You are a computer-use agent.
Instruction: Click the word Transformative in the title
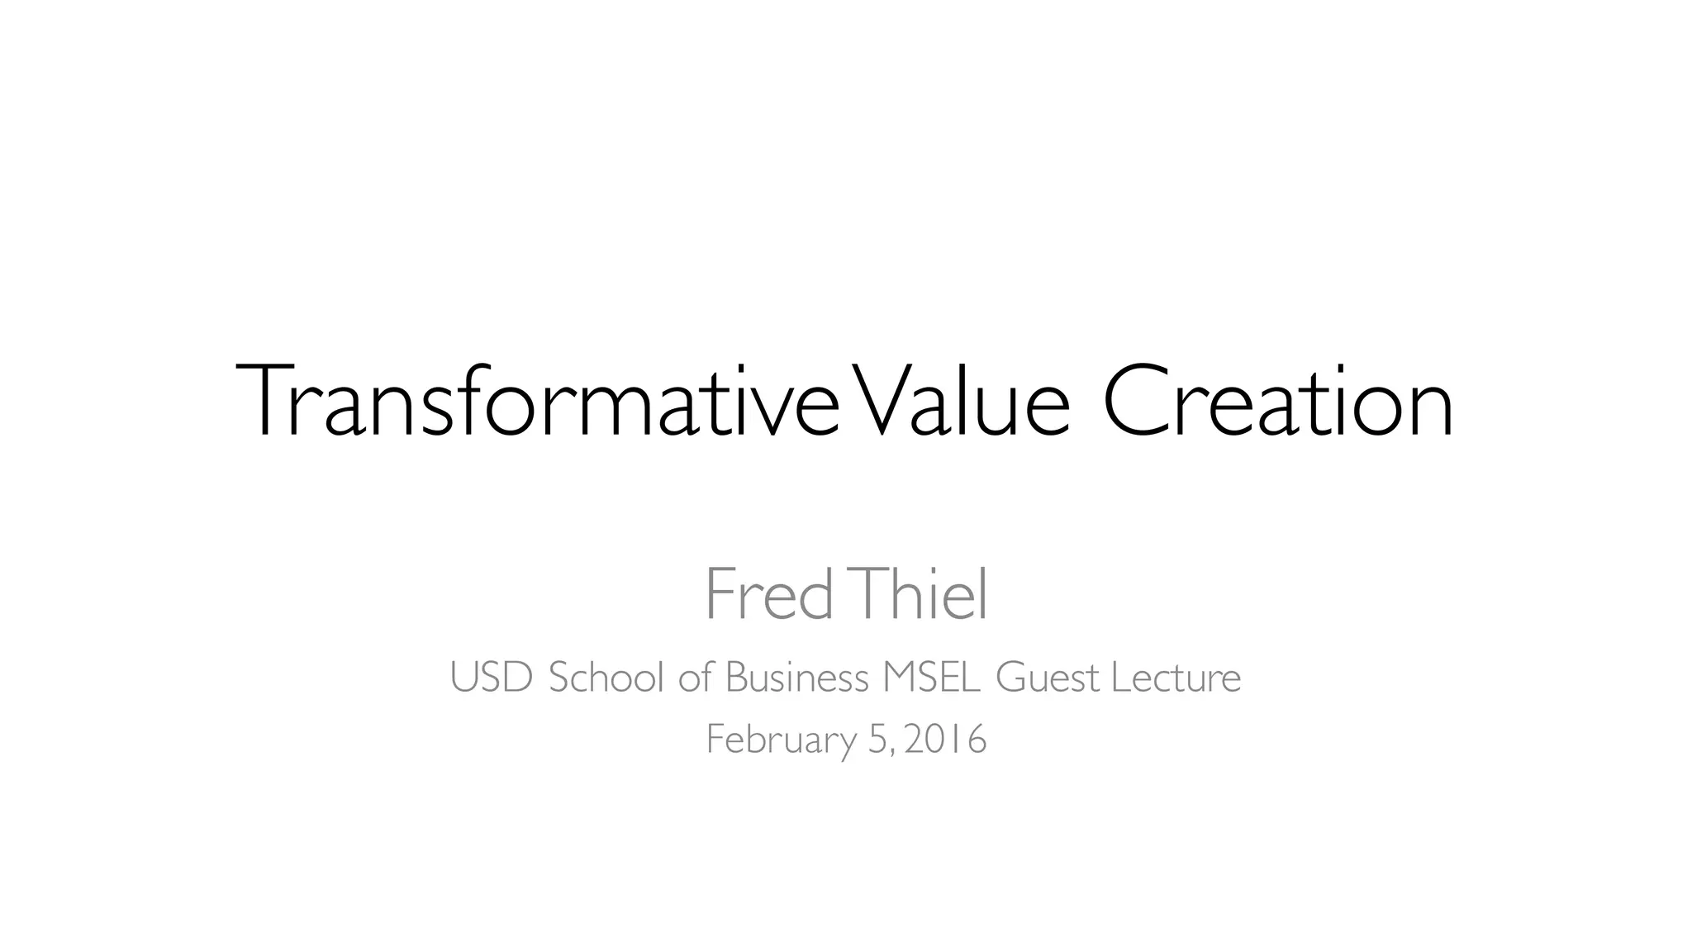[537, 402]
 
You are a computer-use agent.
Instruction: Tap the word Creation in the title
[1277, 402]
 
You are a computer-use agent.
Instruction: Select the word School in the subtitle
[606, 678]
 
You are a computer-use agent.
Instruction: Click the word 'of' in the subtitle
[695, 678]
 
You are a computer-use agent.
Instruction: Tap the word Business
[796, 678]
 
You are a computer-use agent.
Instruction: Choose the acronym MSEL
[932, 678]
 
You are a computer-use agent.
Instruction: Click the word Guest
[1048, 678]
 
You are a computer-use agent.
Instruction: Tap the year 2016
[945, 739]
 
